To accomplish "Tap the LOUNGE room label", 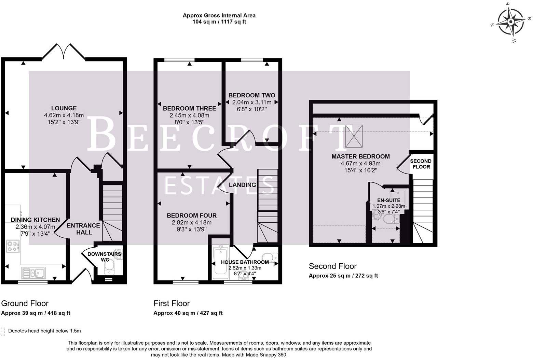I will [x=64, y=108].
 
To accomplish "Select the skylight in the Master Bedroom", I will [x=354, y=136].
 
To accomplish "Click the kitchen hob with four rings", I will [x=13, y=246].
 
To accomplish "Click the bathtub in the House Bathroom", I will [x=220, y=263].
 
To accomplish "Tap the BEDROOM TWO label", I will [x=251, y=95].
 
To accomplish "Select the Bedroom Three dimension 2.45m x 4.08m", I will [x=189, y=115].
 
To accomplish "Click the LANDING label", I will [x=242, y=185].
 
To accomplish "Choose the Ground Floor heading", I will [x=25, y=303].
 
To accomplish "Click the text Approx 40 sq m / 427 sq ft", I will [x=188, y=313].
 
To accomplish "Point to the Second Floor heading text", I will [x=332, y=266].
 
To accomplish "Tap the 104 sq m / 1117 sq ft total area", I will [x=219, y=22].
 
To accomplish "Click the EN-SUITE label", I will [x=388, y=200].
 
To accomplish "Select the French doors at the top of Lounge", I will [x=64, y=52].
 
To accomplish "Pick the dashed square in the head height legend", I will [x=3, y=331].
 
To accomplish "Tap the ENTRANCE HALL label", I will [x=84, y=229].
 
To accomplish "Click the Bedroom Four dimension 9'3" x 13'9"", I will [x=191, y=230].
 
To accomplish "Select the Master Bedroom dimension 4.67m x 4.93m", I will [x=360, y=163].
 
